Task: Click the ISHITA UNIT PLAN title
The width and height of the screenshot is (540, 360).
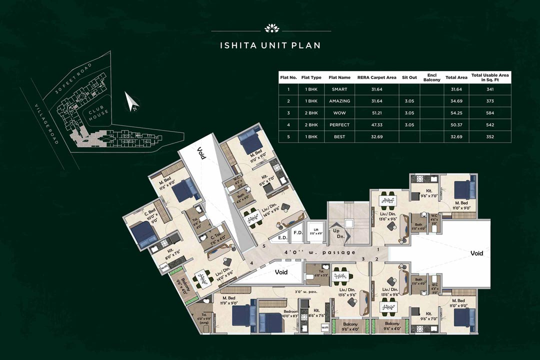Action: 270,45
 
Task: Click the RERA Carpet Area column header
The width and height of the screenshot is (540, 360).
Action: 376,77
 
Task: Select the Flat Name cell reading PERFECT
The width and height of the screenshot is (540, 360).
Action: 340,124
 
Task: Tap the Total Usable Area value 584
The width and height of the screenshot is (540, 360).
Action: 490,112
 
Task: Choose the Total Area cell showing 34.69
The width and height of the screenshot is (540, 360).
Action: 455,101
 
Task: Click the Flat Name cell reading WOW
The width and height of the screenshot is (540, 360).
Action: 340,112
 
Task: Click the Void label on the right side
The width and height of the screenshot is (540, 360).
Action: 476,253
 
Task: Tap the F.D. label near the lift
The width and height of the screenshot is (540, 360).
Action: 297,232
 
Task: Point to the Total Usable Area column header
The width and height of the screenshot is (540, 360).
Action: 490,77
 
